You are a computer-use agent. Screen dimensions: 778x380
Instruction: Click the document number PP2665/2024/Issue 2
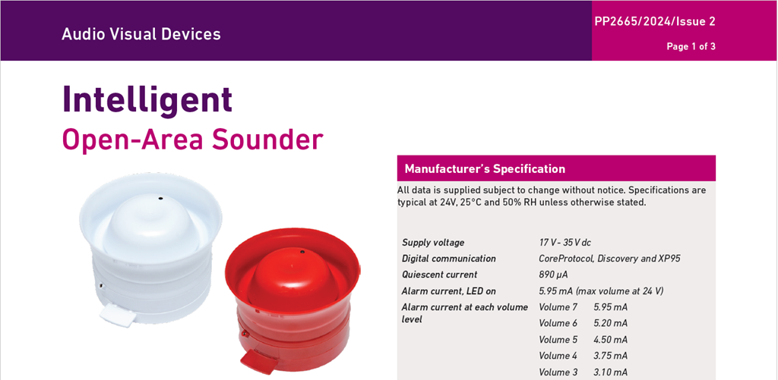pyautogui.click(x=655, y=22)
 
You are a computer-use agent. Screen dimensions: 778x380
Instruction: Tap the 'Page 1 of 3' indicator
pyautogui.click(x=691, y=47)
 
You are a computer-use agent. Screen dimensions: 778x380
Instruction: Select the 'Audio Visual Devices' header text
pyautogui.click(x=141, y=34)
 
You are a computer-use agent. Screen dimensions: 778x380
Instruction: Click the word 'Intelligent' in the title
pyautogui.click(x=147, y=100)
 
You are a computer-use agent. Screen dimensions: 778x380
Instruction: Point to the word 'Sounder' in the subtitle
pyautogui.click(x=268, y=140)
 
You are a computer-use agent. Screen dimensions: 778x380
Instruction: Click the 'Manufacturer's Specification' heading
pyautogui.click(x=485, y=169)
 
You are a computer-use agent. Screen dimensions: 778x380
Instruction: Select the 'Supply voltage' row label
pyautogui.click(x=433, y=243)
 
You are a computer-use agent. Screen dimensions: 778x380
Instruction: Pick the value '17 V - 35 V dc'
pyautogui.click(x=565, y=243)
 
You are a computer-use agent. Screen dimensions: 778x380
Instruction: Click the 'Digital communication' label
pyautogui.click(x=448, y=259)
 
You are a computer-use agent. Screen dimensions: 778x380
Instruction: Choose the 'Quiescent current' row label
pyautogui.click(x=440, y=275)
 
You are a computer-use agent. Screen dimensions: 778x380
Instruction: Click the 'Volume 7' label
pyautogui.click(x=558, y=307)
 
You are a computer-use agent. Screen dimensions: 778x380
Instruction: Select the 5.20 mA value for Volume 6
pyautogui.click(x=610, y=324)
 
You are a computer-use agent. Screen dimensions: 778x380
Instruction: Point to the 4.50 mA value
pyautogui.click(x=610, y=340)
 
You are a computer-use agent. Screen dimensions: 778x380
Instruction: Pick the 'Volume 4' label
pyautogui.click(x=558, y=356)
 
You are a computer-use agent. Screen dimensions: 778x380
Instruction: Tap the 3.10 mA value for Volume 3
pyautogui.click(x=610, y=372)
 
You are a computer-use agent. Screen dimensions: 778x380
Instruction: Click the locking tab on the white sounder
pyautogui.click(x=118, y=315)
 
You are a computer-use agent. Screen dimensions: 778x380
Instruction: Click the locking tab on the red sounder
pyautogui.click(x=259, y=363)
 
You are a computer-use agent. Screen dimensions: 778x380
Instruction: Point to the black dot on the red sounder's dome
pyautogui.click(x=301, y=253)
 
